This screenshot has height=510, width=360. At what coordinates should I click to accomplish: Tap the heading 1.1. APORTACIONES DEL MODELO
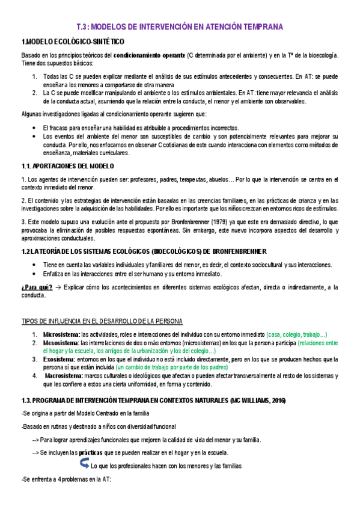click(x=67, y=166)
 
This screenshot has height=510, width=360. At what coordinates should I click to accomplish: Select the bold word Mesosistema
click(x=61, y=343)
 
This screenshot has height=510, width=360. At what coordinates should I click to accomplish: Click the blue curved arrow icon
click(x=84, y=464)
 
